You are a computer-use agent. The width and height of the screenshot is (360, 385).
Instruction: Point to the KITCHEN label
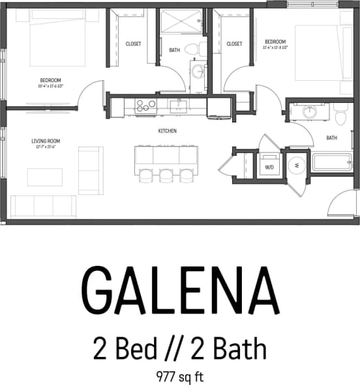(x=168, y=131)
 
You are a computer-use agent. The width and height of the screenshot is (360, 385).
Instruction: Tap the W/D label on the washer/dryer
(x=268, y=165)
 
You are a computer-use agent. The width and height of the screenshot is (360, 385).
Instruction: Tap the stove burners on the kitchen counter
(x=145, y=106)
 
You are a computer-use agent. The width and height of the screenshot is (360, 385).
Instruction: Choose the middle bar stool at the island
(x=166, y=175)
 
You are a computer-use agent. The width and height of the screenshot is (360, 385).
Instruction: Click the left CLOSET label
(x=134, y=44)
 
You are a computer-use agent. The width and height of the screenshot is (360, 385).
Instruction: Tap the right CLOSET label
(x=234, y=44)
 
